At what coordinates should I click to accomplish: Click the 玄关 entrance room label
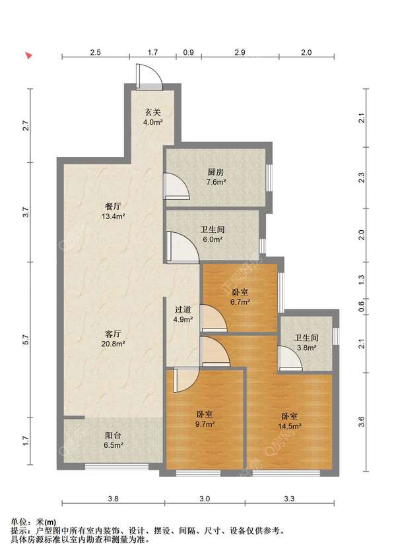152,113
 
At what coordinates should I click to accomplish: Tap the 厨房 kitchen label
216,172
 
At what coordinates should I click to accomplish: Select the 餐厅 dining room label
113,206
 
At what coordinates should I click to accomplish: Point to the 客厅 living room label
113,334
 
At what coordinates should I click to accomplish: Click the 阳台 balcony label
113,436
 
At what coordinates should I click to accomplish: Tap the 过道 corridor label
183,309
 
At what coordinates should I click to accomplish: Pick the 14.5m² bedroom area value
290,426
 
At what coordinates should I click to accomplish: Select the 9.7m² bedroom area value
205,424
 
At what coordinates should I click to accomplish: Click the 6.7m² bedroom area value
240,302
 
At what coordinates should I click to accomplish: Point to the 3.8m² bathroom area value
306,348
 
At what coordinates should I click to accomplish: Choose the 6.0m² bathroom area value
213,239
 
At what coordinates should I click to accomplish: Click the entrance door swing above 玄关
149,76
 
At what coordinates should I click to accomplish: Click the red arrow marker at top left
29,55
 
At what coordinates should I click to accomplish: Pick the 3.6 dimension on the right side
362,421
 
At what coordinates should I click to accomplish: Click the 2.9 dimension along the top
240,53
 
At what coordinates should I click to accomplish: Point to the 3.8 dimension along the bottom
113,499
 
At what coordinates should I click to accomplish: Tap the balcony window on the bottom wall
117,466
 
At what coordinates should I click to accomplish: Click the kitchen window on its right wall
269,178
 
